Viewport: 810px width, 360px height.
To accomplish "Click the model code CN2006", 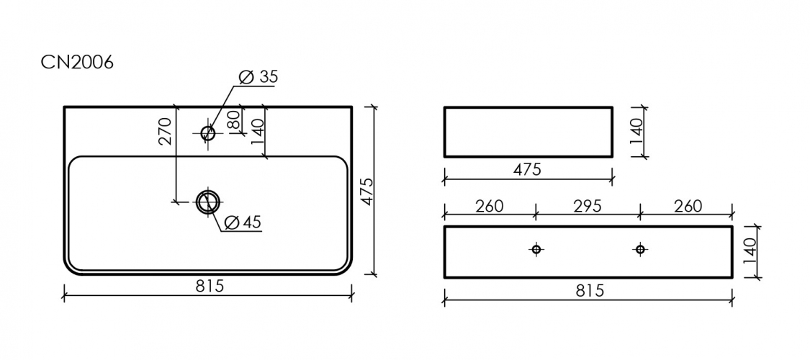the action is point(77,63).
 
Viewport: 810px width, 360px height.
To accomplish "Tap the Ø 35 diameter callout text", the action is point(258,76).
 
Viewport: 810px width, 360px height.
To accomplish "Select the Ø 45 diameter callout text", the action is point(243,222).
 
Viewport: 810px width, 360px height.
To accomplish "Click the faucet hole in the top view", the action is point(208,133).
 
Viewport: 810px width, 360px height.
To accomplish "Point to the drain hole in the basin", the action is point(208,202).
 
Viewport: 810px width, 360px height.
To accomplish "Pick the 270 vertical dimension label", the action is point(166,131).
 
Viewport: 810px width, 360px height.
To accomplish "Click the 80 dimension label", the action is point(233,120).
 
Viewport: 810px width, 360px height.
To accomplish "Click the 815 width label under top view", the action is point(210,286).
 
